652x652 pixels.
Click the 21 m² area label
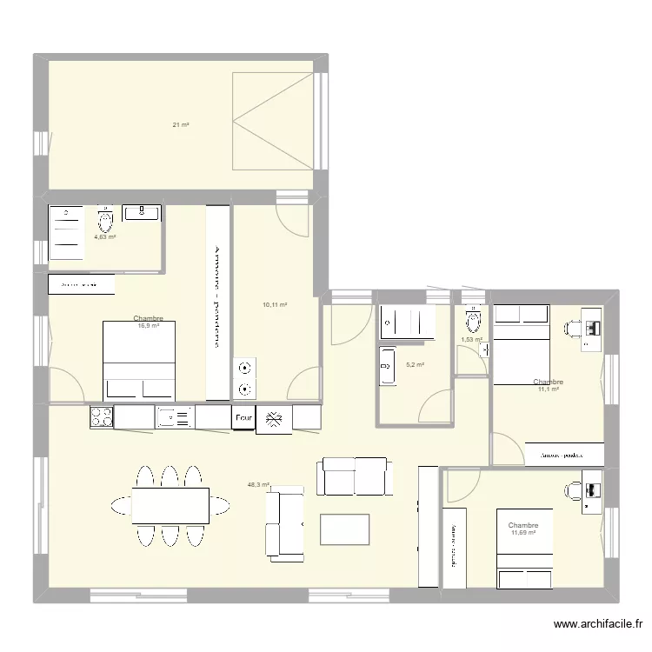180,125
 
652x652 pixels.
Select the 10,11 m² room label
275,305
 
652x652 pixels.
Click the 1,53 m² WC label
471,340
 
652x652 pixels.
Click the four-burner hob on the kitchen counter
101,417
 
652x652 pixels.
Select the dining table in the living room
170,505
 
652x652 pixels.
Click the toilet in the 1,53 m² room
473,322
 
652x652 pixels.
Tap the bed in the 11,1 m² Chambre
521,343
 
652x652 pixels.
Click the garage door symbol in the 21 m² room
273,122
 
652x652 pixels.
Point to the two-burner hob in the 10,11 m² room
245,379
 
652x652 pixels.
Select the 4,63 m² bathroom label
105,236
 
